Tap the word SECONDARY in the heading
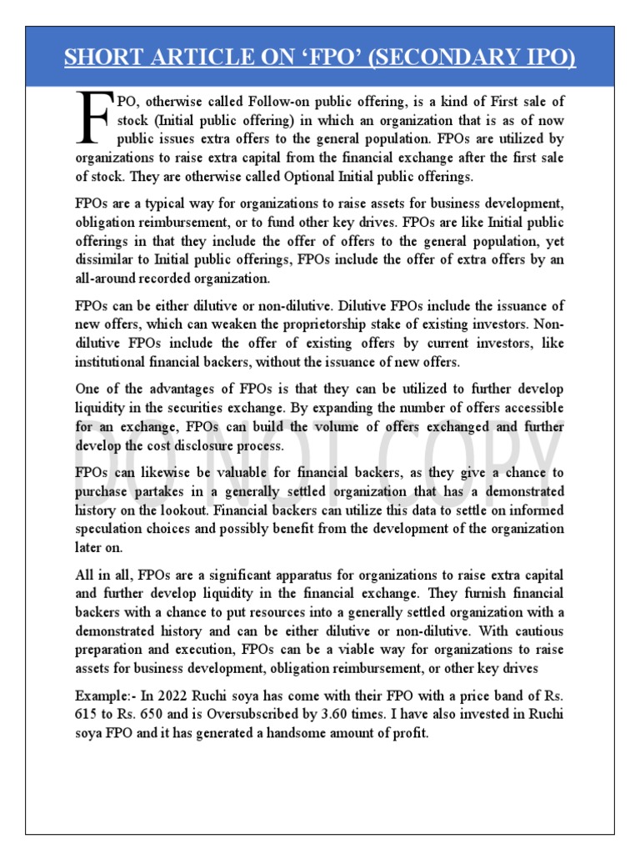pyautogui.click(x=436, y=59)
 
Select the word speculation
pyautogui.click(x=114, y=529)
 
